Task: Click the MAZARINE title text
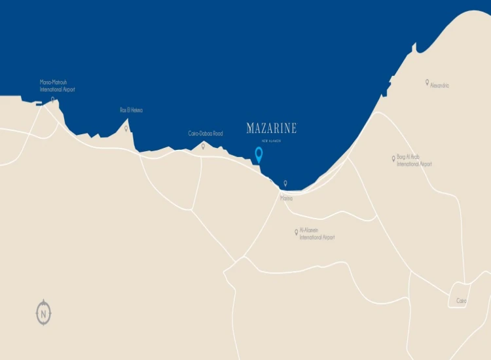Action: tap(271, 128)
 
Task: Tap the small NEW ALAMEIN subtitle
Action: tap(271, 141)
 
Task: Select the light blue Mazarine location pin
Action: tap(259, 154)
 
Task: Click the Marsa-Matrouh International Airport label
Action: tap(58, 86)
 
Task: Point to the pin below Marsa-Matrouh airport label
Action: tap(52, 100)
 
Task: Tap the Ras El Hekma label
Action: tap(131, 110)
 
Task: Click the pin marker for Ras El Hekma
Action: tap(126, 128)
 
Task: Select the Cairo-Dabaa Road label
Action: tap(206, 134)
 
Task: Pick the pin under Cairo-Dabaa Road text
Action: tap(203, 146)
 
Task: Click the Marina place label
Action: tap(286, 197)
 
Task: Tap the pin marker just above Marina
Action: tap(285, 184)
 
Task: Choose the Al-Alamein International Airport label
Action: tap(317, 234)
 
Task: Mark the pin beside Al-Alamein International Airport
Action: tap(296, 232)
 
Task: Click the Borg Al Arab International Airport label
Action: tap(414, 160)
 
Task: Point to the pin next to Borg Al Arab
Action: tap(393, 158)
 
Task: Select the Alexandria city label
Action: tap(440, 86)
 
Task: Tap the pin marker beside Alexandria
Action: tap(427, 82)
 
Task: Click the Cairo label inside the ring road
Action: tap(462, 301)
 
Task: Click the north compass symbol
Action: tap(43, 313)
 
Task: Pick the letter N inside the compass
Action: tap(43, 314)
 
